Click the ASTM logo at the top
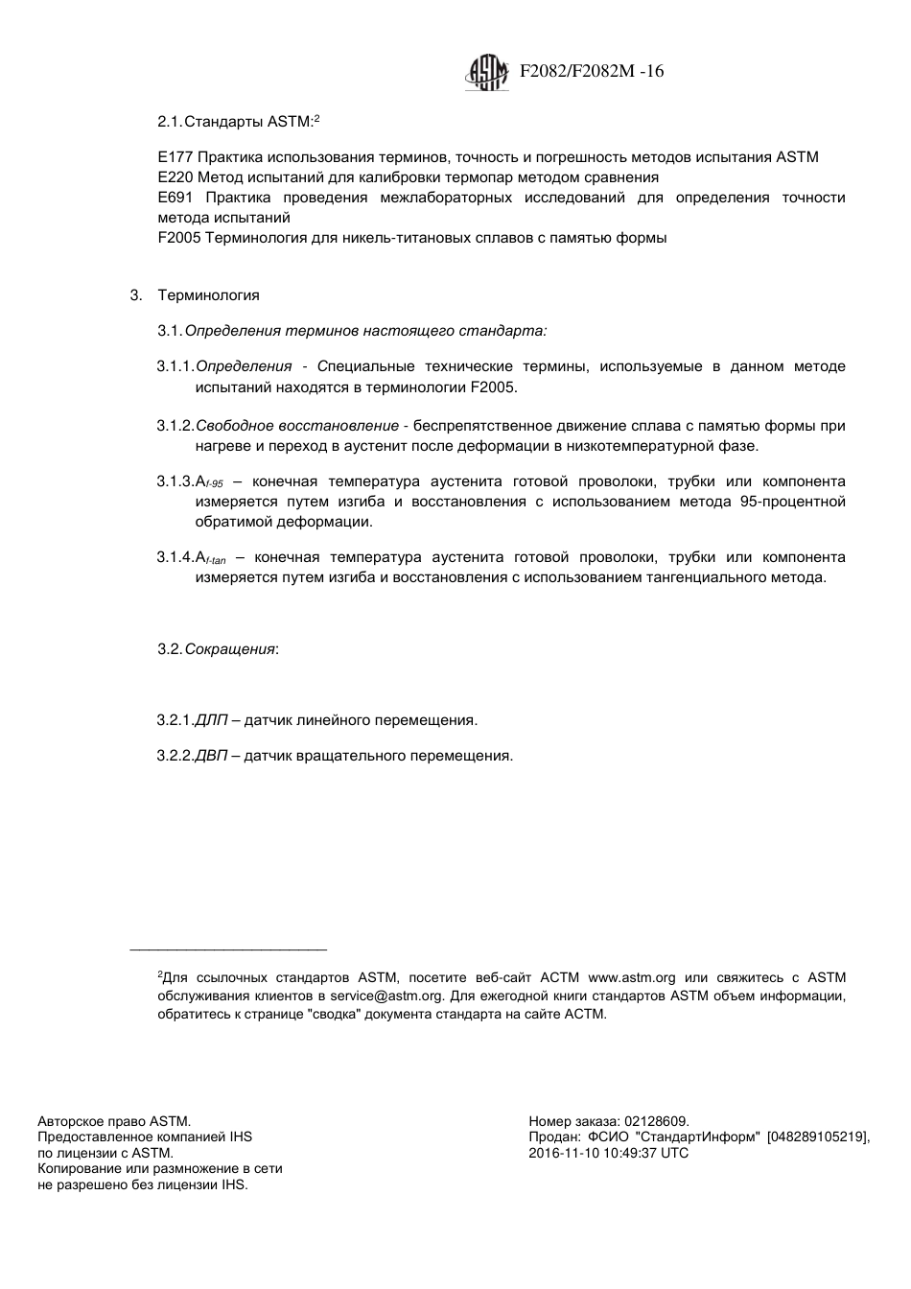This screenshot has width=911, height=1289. point(486,72)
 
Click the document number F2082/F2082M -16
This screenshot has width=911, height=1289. point(591,72)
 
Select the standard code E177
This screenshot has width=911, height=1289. point(170,157)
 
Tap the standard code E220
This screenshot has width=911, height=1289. point(170,177)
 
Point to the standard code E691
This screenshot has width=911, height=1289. point(170,198)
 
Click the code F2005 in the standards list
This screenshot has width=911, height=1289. point(178,238)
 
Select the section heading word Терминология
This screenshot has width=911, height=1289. point(208,295)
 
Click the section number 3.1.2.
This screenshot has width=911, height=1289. point(175,426)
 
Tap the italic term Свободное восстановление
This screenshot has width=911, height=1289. point(297,426)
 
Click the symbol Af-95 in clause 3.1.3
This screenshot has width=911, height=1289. point(209,482)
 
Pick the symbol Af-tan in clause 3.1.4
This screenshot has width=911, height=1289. point(210,558)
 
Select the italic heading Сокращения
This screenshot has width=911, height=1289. point(230,649)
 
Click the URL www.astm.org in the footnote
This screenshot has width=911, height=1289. point(631,978)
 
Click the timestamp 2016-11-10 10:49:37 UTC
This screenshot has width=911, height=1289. point(608,1153)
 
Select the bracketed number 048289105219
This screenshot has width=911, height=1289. point(817,1137)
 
